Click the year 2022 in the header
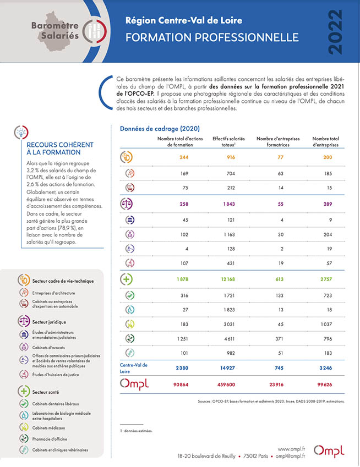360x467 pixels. coord(335,32)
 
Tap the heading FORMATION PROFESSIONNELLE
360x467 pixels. coord(212,37)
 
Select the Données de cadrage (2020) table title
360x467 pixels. coord(160,129)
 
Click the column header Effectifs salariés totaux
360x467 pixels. coord(228,141)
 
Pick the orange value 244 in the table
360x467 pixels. coord(184,157)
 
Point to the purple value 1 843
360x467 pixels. coord(229,204)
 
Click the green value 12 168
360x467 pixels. coord(228,279)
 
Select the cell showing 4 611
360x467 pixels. coord(229,339)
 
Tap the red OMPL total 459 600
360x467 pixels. coord(226,385)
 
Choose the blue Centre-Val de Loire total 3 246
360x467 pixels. coord(326,368)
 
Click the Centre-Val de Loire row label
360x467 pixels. coord(134,368)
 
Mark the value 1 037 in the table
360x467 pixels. coord(326,325)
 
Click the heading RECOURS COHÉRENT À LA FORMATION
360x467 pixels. coord(60,149)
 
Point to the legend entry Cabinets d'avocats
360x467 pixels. coord(48,348)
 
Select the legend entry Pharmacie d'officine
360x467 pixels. coord(50,439)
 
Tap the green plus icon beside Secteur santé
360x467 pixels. coord(24,391)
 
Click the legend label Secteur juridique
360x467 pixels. coord(49,322)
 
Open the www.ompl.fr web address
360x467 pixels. coord(291,449)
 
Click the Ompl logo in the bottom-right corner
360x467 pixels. coord(329,451)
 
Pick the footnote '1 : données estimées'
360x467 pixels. coord(136,431)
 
